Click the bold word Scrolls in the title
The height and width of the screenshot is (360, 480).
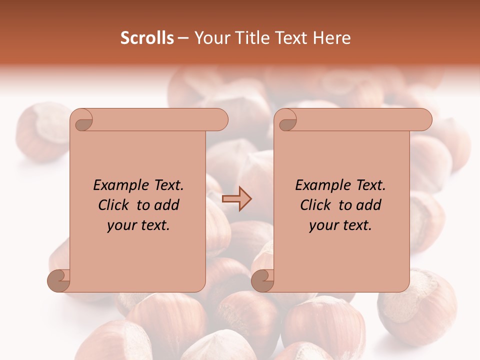click(x=147, y=38)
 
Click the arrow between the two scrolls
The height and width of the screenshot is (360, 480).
click(x=236, y=198)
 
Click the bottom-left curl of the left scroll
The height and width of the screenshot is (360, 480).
click(x=58, y=280)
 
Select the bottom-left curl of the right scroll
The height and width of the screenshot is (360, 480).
click(x=262, y=280)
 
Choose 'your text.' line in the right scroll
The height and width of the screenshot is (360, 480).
click(x=340, y=225)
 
